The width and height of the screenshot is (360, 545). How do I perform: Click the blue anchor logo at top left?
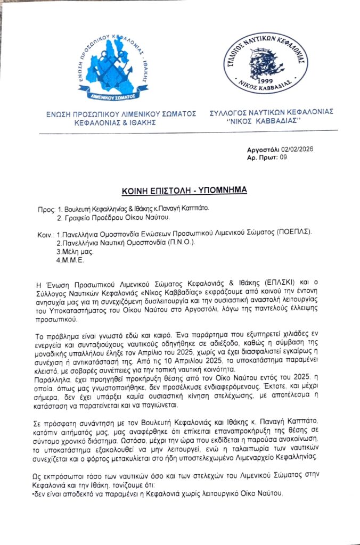(113, 64)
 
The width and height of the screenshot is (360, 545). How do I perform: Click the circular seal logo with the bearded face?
(265, 62)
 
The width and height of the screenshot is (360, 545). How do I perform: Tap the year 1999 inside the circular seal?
(265, 80)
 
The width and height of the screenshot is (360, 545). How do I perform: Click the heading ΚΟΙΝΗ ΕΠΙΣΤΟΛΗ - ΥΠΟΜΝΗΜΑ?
(180, 189)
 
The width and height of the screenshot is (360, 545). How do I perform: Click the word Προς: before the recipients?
(46, 209)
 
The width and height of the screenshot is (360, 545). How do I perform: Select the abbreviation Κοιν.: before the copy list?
(46, 234)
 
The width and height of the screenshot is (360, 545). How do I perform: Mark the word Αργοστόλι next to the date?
(265, 151)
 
